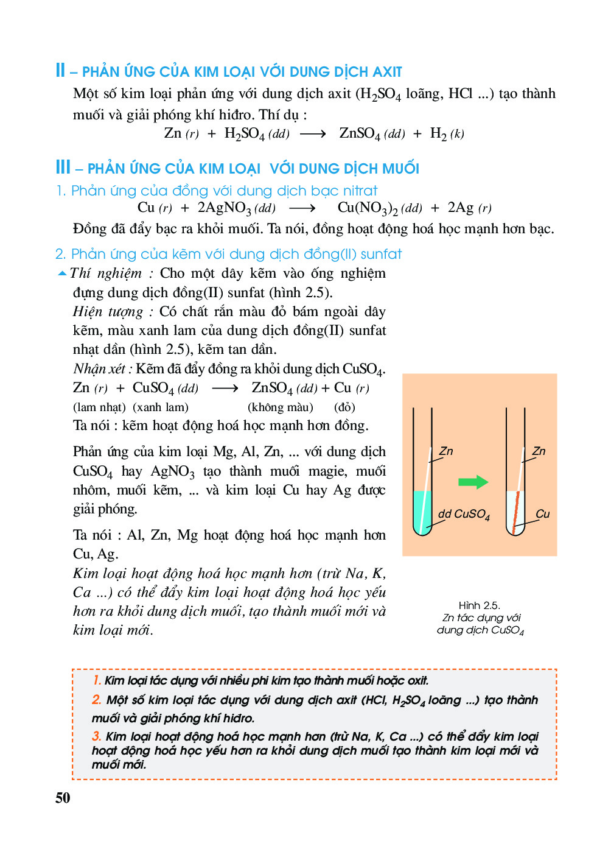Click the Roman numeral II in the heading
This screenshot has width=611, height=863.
point(60,70)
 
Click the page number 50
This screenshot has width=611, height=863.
point(63,798)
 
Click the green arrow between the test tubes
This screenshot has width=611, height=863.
point(473,482)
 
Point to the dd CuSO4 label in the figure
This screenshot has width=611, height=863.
point(464,514)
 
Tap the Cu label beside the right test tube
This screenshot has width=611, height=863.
point(542,514)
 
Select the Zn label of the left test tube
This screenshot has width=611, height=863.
point(446,451)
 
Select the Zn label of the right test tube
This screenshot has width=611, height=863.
point(539,451)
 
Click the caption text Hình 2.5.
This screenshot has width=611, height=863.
point(479,605)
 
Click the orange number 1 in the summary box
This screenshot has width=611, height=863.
point(97,680)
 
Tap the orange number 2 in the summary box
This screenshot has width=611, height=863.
point(97,700)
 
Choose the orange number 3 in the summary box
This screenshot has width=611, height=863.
point(97,736)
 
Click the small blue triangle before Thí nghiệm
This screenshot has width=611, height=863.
point(62,273)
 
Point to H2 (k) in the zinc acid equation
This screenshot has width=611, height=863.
point(447,133)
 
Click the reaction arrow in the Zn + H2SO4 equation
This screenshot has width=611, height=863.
point(313,134)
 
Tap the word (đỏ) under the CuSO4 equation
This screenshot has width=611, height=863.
point(344,407)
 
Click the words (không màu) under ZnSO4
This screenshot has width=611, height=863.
point(280,407)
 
